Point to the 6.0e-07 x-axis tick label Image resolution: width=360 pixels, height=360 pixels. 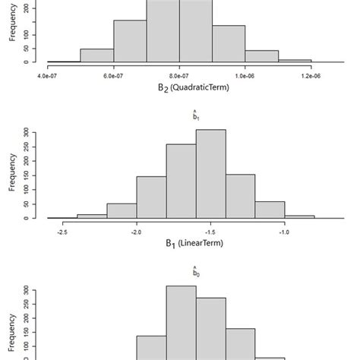tap(113, 76)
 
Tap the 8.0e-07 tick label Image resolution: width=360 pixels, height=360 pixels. tap(179, 76)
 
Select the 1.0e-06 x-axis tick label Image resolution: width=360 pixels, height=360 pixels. tap(245, 76)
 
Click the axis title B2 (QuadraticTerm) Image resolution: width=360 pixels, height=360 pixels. tap(179, 87)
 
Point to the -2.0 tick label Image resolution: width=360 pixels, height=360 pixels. tap(137, 232)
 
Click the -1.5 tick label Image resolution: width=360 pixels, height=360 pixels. tap(210, 232)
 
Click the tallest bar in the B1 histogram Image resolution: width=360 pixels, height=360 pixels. tap(210, 174)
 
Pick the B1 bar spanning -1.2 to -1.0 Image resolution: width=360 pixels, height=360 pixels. tap(270, 210)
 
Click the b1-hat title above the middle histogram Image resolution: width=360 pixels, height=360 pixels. tap(195, 117)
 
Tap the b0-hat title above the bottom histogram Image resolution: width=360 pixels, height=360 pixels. tap(195, 273)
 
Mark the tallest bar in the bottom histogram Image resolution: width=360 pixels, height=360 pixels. tap(181, 323)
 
